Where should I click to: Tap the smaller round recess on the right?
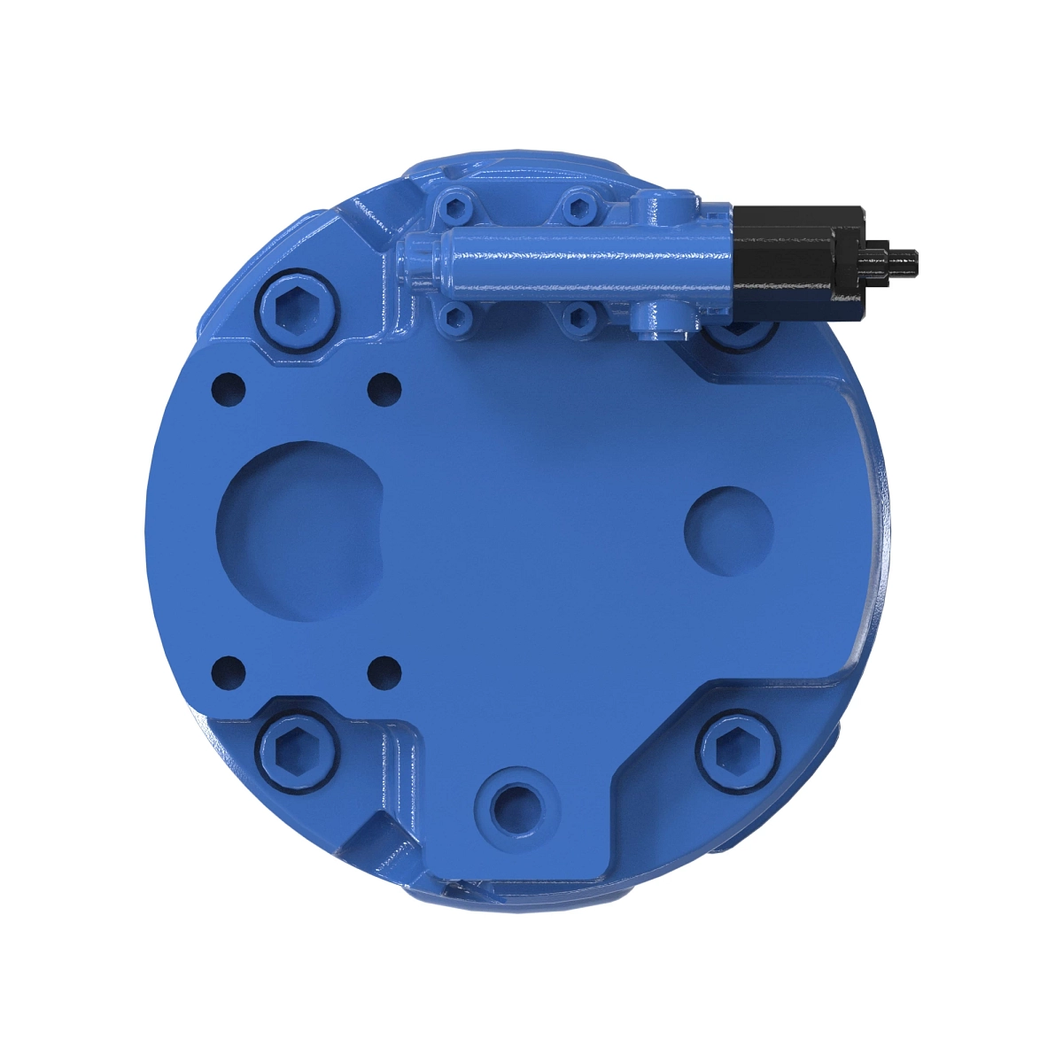(x=728, y=530)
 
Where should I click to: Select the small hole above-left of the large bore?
(x=229, y=387)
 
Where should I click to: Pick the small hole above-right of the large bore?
(x=384, y=387)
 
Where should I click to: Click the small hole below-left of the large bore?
(x=229, y=672)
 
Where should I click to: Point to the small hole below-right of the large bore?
(x=384, y=672)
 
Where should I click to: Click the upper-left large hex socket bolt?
(x=298, y=309)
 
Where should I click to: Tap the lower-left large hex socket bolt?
(x=298, y=750)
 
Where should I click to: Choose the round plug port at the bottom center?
(x=515, y=806)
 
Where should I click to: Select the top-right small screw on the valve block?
(x=578, y=209)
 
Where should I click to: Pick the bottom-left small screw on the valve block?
(x=457, y=316)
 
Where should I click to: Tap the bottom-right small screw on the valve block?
(x=578, y=316)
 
